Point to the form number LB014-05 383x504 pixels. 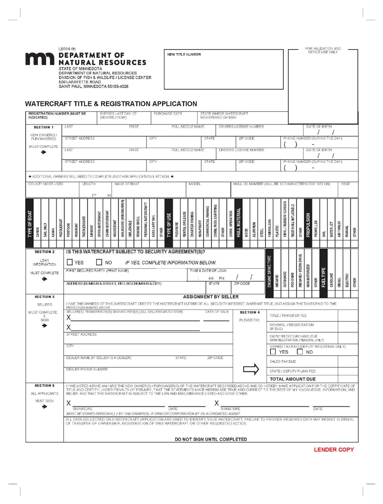[x=67, y=48]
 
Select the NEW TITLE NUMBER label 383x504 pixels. [x=184, y=54]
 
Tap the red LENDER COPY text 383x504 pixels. [x=334, y=450]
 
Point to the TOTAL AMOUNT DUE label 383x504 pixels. [x=293, y=379]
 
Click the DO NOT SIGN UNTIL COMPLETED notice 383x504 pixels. [x=210, y=439]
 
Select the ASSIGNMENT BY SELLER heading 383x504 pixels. [x=211, y=297]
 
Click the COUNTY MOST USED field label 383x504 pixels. [x=46, y=184]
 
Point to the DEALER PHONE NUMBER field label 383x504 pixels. [x=87, y=369]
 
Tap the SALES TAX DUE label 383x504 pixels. [x=283, y=362]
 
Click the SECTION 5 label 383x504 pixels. [x=44, y=385]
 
